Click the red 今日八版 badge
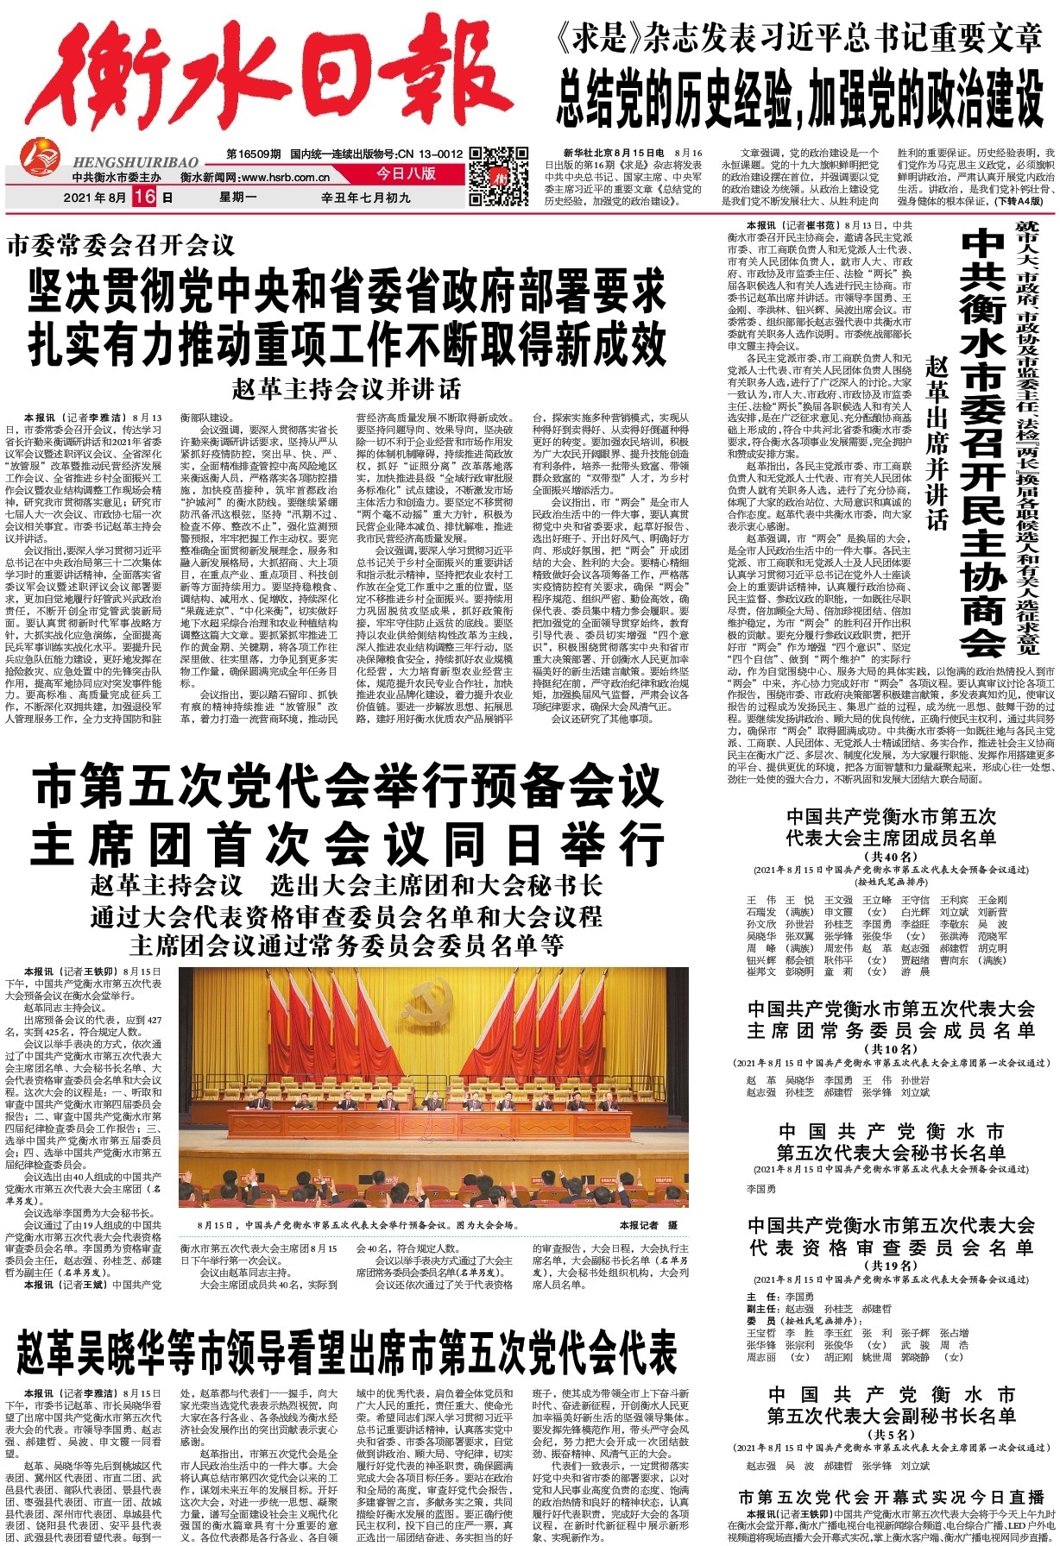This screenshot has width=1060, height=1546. pyautogui.click(x=406, y=173)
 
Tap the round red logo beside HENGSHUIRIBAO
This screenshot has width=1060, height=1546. pyautogui.click(x=41, y=162)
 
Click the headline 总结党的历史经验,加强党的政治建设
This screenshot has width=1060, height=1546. pyautogui.click(x=799, y=96)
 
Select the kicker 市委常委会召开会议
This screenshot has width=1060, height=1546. pyautogui.click(x=120, y=245)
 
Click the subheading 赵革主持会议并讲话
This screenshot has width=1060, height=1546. pyautogui.click(x=346, y=389)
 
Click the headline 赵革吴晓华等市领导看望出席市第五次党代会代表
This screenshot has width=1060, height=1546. pyautogui.click(x=346, y=1352)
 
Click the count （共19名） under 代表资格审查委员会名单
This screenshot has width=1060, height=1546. pyautogui.click(x=890, y=1266)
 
